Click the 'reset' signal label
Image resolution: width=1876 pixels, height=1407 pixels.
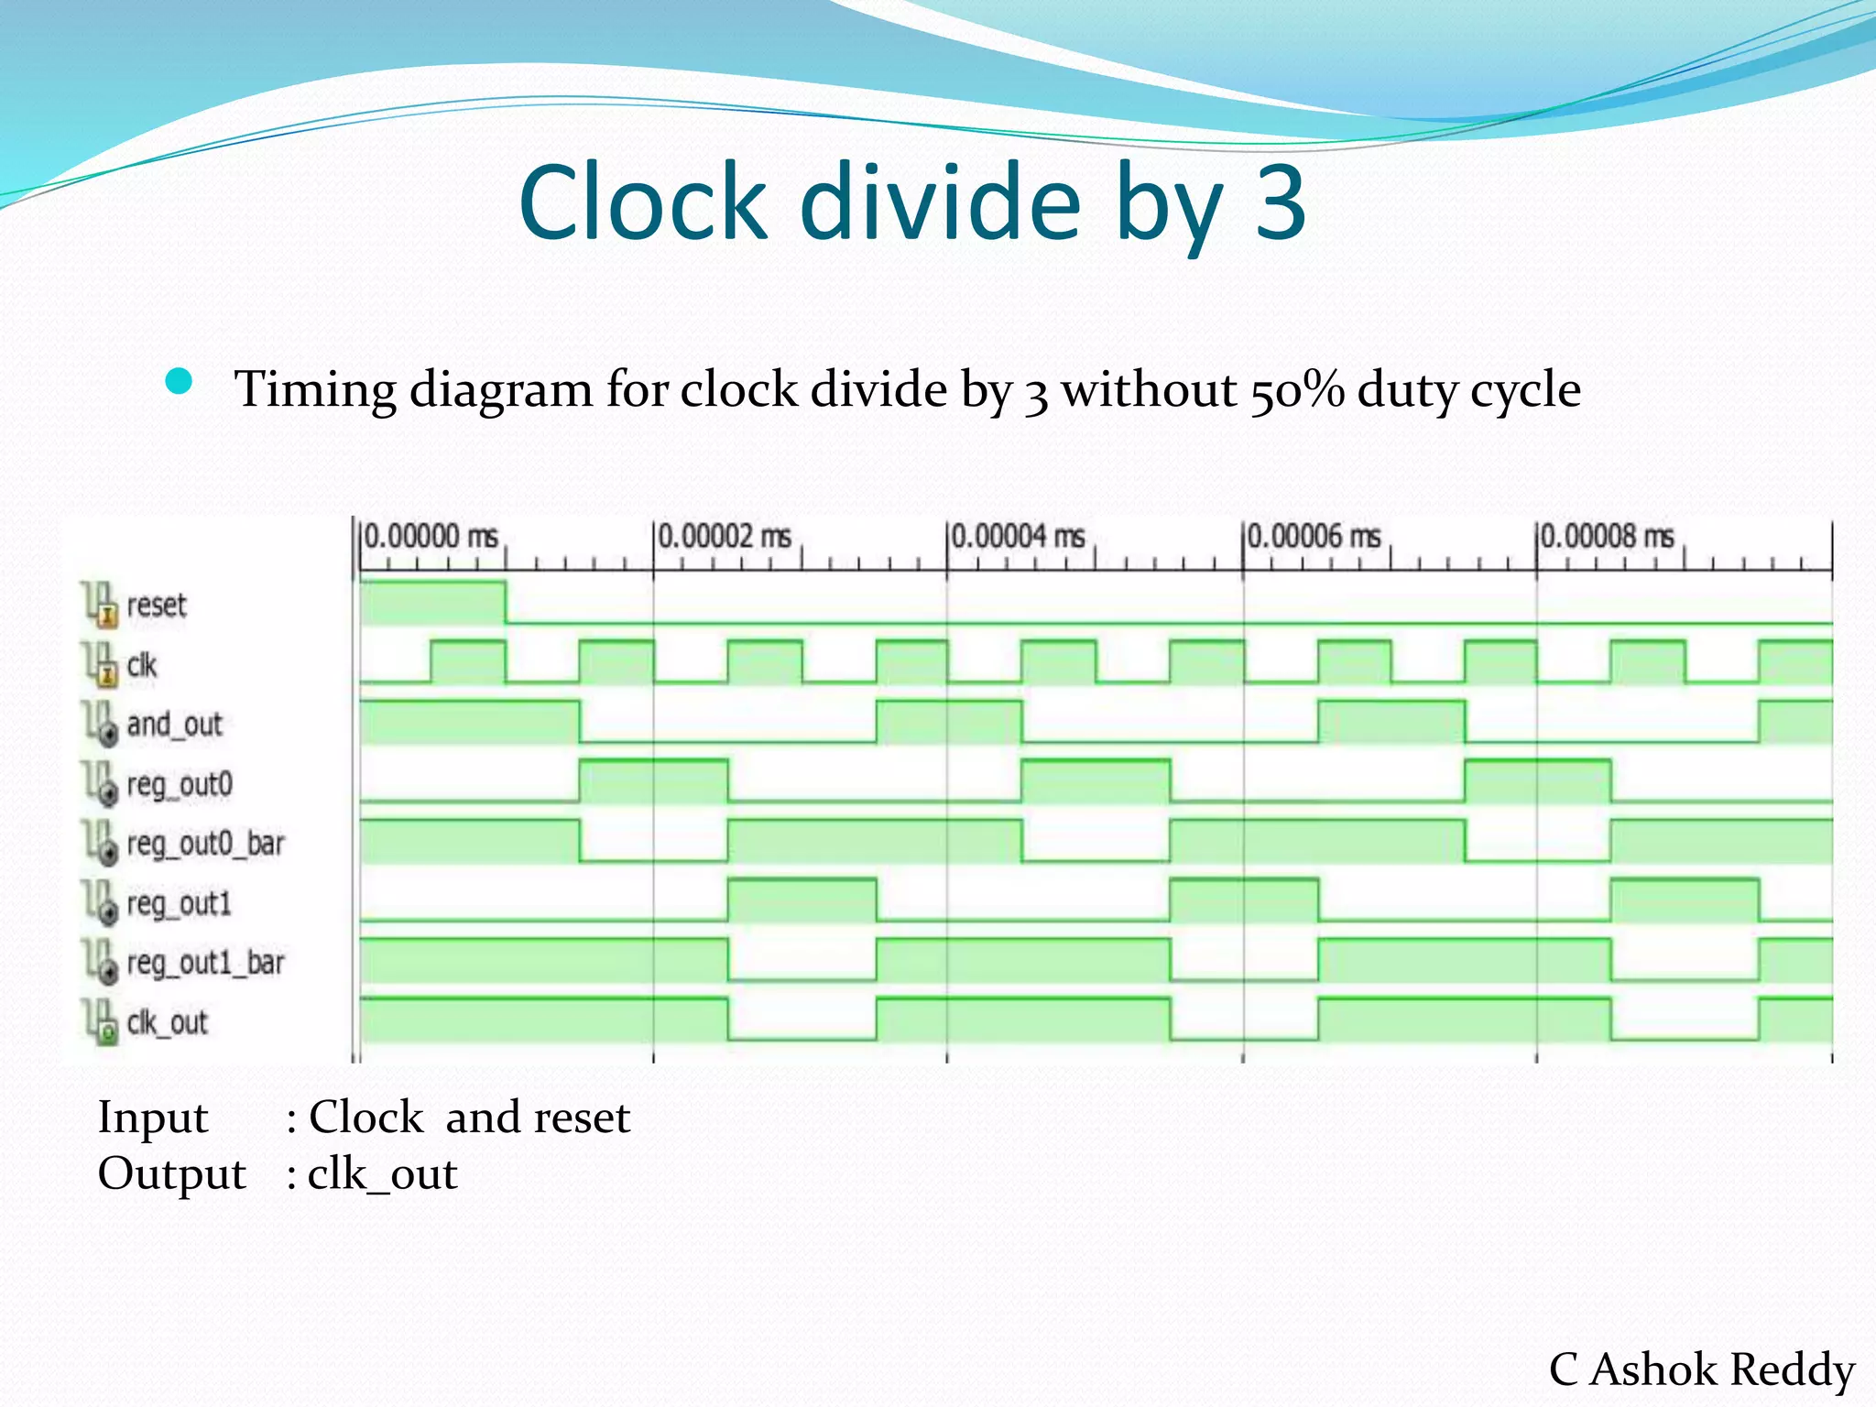pyautogui.click(x=156, y=605)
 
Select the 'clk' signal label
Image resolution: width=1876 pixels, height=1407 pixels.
pyautogui.click(x=142, y=665)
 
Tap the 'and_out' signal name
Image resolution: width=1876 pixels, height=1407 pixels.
pyautogui.click(x=174, y=725)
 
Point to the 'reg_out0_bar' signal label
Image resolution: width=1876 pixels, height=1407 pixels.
pyautogui.click(x=205, y=844)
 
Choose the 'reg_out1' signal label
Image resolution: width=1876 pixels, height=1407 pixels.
pyautogui.click(x=179, y=904)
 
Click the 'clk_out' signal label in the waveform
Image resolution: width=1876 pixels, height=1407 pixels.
pyautogui.click(x=168, y=1022)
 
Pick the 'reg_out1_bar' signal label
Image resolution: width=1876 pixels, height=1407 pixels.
pyautogui.click(x=205, y=963)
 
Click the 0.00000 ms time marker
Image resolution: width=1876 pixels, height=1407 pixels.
pyautogui.click(x=431, y=537)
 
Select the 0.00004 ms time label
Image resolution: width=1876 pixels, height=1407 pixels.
pyautogui.click(x=1018, y=537)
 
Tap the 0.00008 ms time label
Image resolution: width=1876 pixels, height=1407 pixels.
pyautogui.click(x=1607, y=537)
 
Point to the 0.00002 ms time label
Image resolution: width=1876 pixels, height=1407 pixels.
pyautogui.click(x=725, y=537)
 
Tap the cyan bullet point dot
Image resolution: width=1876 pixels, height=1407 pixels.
pyautogui.click(x=180, y=381)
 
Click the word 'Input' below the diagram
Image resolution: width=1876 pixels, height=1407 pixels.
pyautogui.click(x=153, y=1118)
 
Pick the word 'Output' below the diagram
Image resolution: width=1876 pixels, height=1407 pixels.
pyautogui.click(x=172, y=1174)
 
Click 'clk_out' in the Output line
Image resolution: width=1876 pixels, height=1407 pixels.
pyautogui.click(x=382, y=1175)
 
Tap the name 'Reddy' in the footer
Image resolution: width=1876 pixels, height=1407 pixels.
pyautogui.click(x=1793, y=1370)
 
